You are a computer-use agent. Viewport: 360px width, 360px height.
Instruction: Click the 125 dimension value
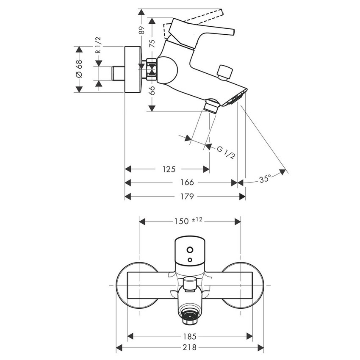168,169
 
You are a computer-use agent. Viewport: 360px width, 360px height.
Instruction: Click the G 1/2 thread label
226,152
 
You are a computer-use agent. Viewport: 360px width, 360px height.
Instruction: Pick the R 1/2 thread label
98,45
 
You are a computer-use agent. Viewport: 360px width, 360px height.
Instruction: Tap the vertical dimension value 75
152,42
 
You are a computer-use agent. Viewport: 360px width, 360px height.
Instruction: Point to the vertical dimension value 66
152,90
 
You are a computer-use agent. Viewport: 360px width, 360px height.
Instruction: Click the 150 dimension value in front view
182,221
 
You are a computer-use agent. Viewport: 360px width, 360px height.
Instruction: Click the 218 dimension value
190,348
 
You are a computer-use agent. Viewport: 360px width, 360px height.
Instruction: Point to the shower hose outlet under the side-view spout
211,105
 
